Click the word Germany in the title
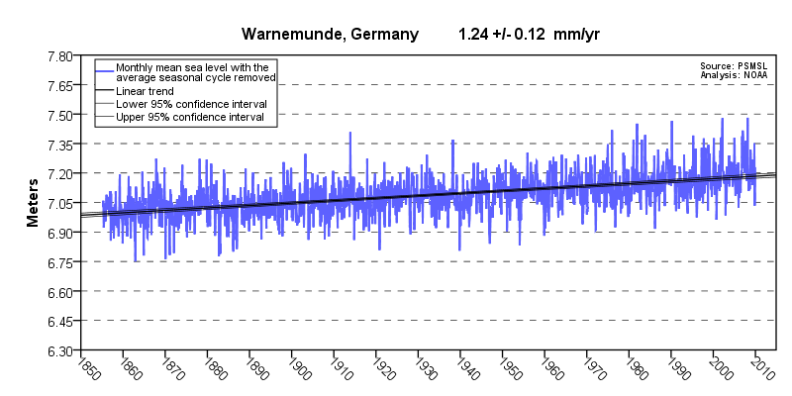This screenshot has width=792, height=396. coord(382,35)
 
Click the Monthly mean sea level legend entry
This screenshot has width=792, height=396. coord(194,72)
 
